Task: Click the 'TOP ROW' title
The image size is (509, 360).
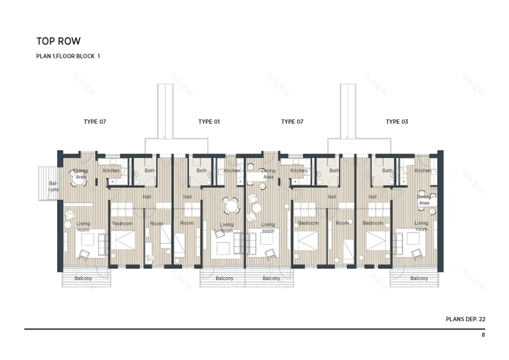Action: point(58,41)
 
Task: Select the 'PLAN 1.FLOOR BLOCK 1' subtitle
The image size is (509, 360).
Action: point(68,56)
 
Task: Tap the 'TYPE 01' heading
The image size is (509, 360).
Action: point(209,122)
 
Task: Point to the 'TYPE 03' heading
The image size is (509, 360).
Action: point(397,122)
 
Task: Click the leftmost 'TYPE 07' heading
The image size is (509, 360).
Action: point(95,122)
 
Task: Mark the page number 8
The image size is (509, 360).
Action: point(483,335)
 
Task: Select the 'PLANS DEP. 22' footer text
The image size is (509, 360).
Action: point(465,319)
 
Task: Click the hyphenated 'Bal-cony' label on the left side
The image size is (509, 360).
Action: point(53,186)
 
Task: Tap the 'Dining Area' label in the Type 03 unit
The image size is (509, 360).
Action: point(424,200)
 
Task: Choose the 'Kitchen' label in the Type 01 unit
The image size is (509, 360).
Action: point(232,171)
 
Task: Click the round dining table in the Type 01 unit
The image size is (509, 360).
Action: point(231,205)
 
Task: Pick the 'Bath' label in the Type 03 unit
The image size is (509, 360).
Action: point(387,171)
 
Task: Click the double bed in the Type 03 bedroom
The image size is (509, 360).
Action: point(378,240)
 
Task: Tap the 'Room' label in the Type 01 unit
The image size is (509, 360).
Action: point(187,223)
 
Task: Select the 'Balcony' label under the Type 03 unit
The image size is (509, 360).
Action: point(419,278)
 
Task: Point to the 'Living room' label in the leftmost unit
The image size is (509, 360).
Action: point(83,226)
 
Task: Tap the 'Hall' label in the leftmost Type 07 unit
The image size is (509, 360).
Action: point(147,197)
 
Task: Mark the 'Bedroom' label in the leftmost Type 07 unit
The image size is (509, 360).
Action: point(122,223)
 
